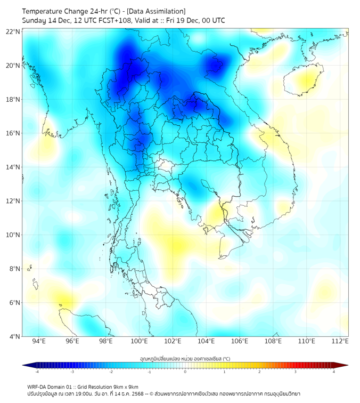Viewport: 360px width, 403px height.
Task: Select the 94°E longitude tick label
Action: [x=39, y=341]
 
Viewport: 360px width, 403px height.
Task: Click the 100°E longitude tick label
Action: [x=140, y=341]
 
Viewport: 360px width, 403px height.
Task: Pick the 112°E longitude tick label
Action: [x=340, y=341]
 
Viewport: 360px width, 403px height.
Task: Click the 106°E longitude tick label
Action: [x=240, y=341]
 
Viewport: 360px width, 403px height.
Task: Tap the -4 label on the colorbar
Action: [x=37, y=371]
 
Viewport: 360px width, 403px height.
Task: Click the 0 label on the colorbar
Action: [x=185, y=371]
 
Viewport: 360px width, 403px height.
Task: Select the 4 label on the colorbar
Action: [x=334, y=371]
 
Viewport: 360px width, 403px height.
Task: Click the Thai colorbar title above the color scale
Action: [x=185, y=359]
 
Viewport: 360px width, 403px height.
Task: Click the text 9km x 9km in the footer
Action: [x=126, y=386]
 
